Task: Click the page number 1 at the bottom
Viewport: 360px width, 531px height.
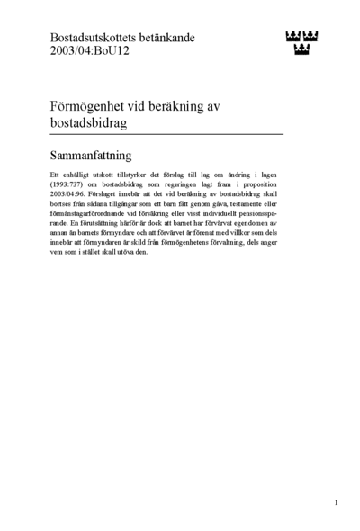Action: pos(336,502)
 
